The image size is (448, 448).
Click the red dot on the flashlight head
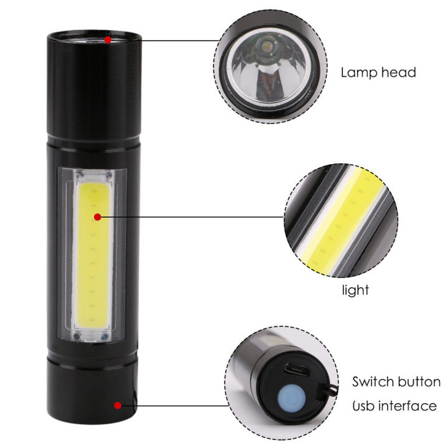[x=108, y=40]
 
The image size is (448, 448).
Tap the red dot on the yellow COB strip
[x=98, y=217]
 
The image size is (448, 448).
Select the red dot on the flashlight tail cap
[x=118, y=406]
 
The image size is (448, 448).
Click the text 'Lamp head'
[x=378, y=72]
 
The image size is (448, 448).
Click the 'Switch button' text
[x=396, y=381]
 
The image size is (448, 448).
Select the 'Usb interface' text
[x=394, y=406]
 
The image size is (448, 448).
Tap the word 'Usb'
[x=363, y=406]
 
